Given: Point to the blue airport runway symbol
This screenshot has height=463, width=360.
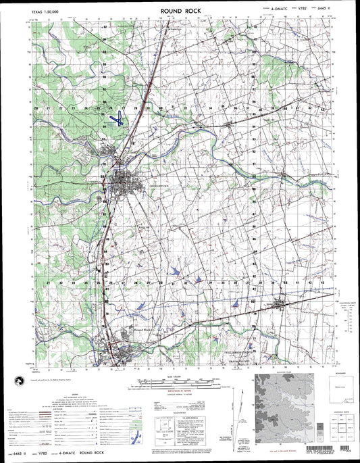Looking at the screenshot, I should click(x=117, y=118).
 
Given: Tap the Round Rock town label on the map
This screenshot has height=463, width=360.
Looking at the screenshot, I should click(x=145, y=329).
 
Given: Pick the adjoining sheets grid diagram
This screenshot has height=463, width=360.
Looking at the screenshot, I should click(x=338, y=422).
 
